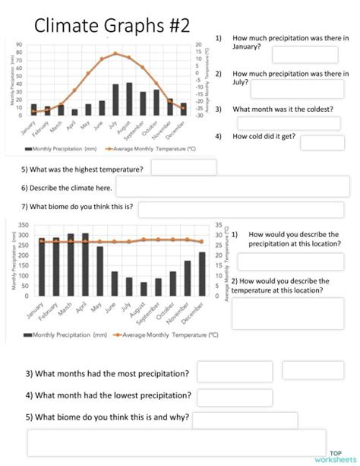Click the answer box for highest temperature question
tap(183, 167)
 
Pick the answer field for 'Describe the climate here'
tap(232, 187)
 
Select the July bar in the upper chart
tap(115, 100)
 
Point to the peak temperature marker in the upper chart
tap(115, 53)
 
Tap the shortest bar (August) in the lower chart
tap(144, 289)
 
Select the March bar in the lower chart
tap(71, 265)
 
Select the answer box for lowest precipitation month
tap(224, 397)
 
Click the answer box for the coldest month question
tap(289, 123)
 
